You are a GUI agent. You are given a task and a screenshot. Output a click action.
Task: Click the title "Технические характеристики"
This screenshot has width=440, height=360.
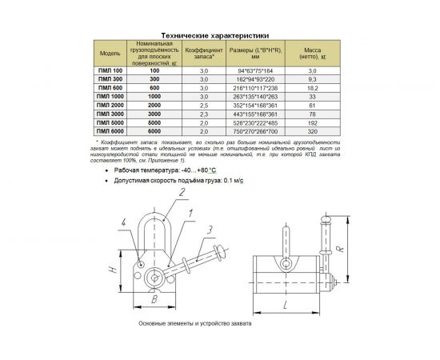(x=221, y=35)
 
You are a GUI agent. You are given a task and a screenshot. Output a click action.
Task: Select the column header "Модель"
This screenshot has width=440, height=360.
(x=110, y=54)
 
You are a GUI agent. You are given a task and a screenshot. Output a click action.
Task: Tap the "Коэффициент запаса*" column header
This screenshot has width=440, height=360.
(x=203, y=54)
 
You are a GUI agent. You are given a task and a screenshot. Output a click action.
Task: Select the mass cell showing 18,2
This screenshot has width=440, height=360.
(x=312, y=88)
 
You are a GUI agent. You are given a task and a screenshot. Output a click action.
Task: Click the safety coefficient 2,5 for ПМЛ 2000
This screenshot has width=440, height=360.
(x=203, y=106)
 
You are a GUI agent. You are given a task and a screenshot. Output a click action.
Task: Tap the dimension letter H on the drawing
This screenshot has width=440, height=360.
(x=114, y=270)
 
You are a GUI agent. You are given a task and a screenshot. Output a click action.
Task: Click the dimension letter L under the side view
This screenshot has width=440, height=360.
(x=284, y=306)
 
